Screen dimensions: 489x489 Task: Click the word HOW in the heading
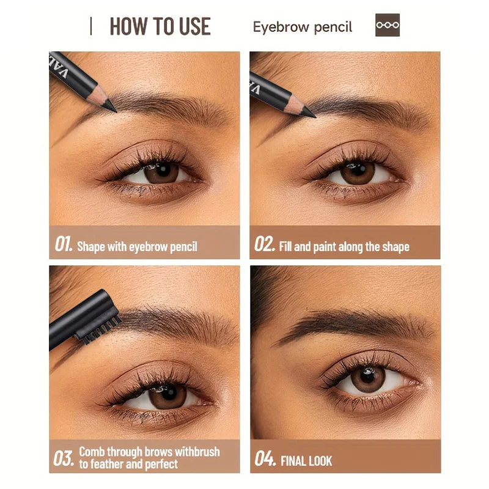coord(128,26)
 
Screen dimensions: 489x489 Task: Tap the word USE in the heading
coord(195,26)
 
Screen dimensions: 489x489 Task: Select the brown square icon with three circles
coord(388,25)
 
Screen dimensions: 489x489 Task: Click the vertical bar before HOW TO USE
coord(90,26)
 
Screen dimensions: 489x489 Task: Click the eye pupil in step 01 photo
coord(163,171)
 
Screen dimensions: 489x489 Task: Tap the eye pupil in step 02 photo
coord(359,169)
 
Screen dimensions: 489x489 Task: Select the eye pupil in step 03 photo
coord(169,394)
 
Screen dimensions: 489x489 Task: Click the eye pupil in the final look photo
coord(367,377)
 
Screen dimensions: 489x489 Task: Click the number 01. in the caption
coord(64,243)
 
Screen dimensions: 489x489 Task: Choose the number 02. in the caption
coord(265,243)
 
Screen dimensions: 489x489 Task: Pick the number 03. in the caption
coord(64,458)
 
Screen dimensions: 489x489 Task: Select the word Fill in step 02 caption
coord(285,246)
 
